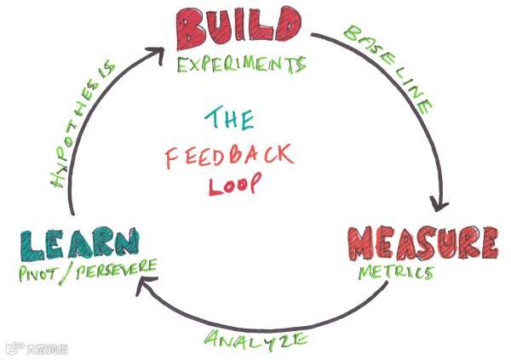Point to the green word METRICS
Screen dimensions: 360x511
click(394, 273)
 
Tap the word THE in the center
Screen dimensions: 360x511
click(228, 117)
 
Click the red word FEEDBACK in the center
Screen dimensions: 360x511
click(228, 155)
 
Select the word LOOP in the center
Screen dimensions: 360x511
click(230, 184)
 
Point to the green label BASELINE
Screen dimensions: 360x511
click(388, 69)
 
